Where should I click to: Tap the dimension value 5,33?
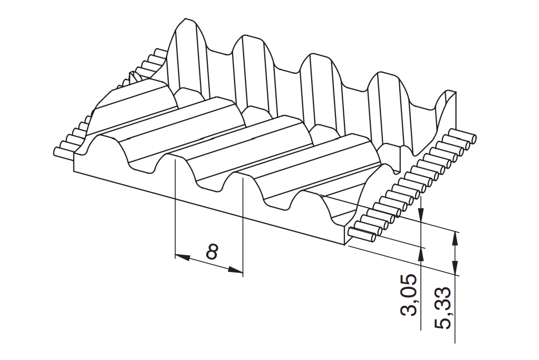[442, 308]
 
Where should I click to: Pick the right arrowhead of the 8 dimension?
[236, 270]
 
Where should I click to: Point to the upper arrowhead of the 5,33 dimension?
[456, 239]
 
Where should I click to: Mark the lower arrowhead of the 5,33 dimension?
[456, 268]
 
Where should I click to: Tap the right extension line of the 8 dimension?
[243, 227]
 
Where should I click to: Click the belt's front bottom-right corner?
[344, 245]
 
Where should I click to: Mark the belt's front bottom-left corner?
[74, 171]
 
